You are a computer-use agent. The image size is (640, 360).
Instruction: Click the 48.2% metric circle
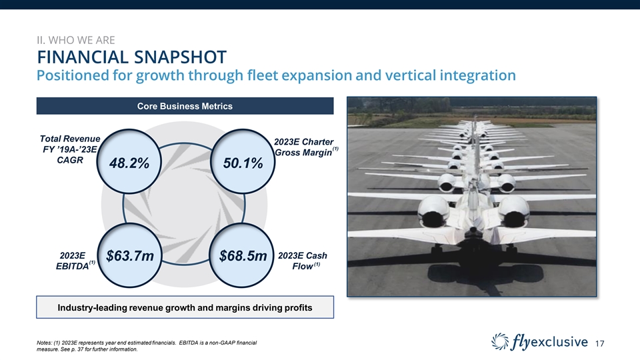pos(129,161)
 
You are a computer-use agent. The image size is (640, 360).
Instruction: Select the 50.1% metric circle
pos(243,161)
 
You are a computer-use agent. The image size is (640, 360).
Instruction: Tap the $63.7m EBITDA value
pos(130,256)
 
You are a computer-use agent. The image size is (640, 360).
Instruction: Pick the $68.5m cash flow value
pos(243,256)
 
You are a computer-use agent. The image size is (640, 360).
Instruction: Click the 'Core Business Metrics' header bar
pos(185,106)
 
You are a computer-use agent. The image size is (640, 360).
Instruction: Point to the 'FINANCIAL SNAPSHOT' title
pos(131,57)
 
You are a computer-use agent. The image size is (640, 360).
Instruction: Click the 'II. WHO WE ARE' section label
pos(76,40)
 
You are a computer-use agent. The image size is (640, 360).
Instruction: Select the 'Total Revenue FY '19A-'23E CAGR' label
pos(70,149)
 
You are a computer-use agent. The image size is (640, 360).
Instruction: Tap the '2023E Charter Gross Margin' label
pos(305,147)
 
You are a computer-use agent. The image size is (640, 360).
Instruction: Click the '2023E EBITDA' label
pos(75,261)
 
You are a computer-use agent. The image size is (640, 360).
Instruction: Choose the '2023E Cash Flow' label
pos(303,261)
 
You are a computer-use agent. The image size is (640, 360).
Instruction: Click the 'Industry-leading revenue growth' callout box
pos(185,307)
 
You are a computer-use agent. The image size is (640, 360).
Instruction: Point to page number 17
pos(599,344)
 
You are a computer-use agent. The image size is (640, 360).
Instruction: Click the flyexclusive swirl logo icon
pos(500,341)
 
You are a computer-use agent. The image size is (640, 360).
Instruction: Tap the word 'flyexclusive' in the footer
pos(549,341)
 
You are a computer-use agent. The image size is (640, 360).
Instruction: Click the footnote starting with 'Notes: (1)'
pos(147,346)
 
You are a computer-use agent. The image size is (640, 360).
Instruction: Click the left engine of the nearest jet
pos(433,211)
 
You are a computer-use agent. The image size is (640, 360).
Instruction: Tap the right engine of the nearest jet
pos(513,211)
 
